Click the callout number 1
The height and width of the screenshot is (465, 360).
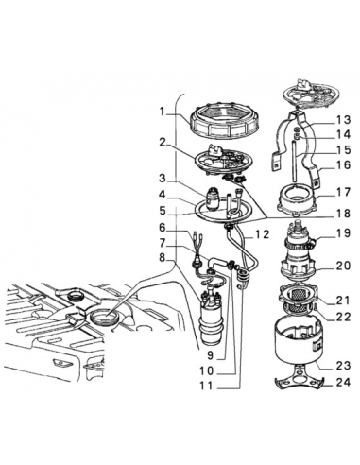(x=162, y=112)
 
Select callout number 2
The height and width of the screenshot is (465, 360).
(x=162, y=143)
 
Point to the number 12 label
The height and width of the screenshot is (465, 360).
(x=262, y=232)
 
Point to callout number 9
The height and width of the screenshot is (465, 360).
(x=213, y=355)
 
